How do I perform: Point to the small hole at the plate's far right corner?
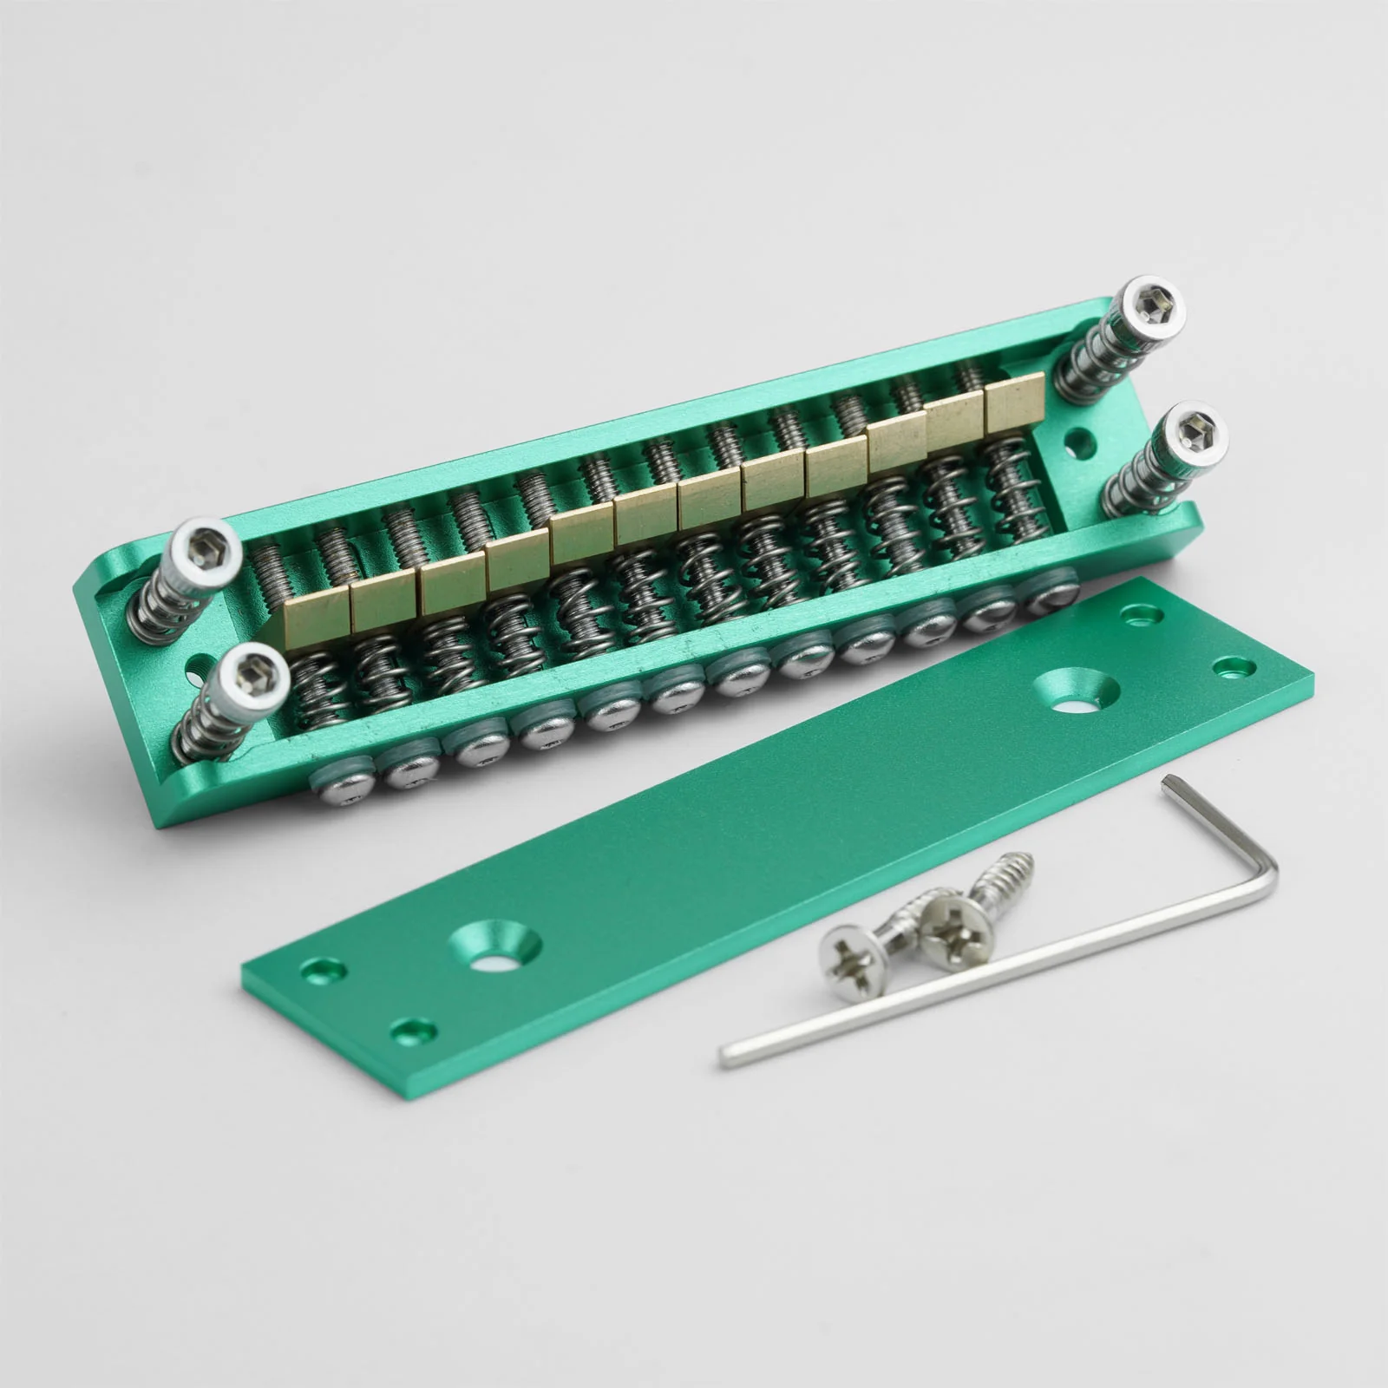pos(1228,668)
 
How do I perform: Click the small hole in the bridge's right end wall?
pos(1078,453)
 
